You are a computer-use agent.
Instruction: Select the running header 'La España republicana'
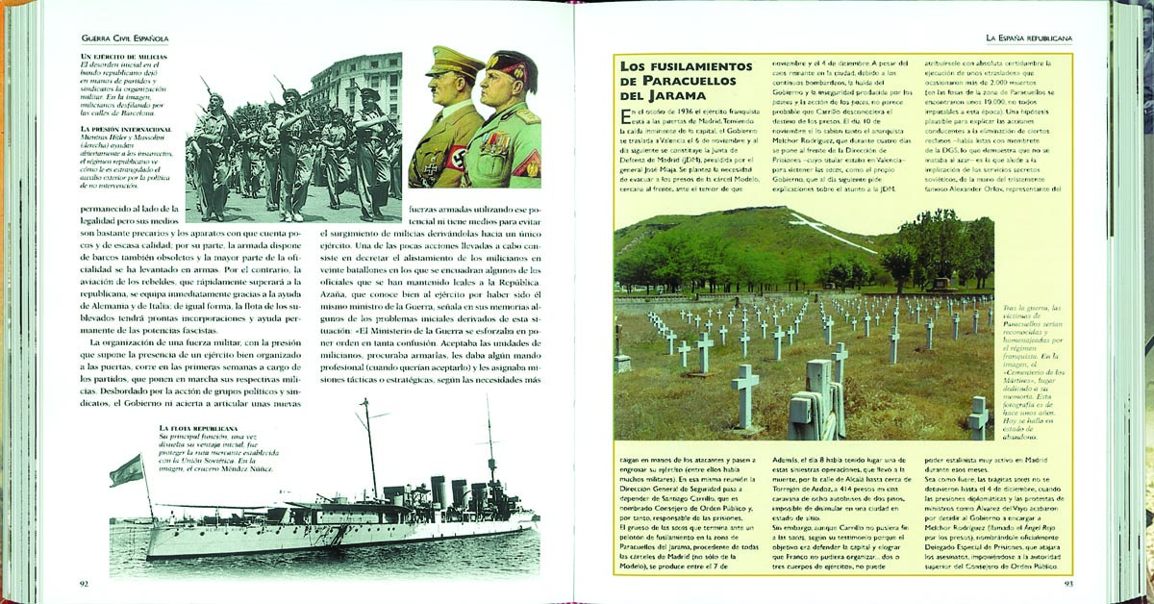click(x=1030, y=38)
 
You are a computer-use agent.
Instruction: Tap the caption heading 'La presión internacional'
click(x=126, y=128)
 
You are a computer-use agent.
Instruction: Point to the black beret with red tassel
click(x=513, y=65)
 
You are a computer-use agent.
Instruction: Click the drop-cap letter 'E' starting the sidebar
click(x=628, y=117)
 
